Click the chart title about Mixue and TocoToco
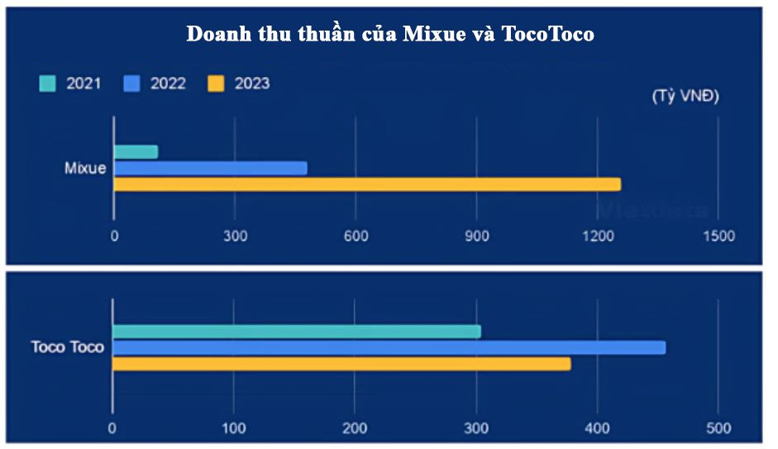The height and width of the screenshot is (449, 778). [x=389, y=35]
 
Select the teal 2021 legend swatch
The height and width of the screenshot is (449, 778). [x=48, y=84]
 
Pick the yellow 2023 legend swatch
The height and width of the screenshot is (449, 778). [x=217, y=84]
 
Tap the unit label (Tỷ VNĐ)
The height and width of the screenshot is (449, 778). [x=685, y=96]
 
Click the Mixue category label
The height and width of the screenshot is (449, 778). [x=85, y=169]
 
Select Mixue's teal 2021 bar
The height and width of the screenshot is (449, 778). [x=136, y=152]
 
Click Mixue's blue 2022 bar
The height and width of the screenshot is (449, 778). [x=210, y=169]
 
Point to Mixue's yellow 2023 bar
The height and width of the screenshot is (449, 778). [x=366, y=184]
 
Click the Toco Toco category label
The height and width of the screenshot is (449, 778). [x=68, y=347]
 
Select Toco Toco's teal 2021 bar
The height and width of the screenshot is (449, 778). [x=296, y=332]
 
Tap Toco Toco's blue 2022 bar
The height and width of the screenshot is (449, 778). [x=389, y=347]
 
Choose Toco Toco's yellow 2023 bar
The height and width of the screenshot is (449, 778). [x=341, y=364]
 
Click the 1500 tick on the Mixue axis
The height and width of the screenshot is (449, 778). [x=718, y=236]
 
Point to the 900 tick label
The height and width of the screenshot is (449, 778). [x=476, y=236]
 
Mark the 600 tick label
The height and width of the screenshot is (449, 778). [x=356, y=236]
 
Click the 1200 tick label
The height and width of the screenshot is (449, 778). [x=597, y=236]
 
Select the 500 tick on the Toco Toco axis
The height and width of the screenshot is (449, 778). [x=718, y=428]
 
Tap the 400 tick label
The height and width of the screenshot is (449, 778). [x=597, y=428]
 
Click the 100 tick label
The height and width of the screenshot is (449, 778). [x=234, y=428]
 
